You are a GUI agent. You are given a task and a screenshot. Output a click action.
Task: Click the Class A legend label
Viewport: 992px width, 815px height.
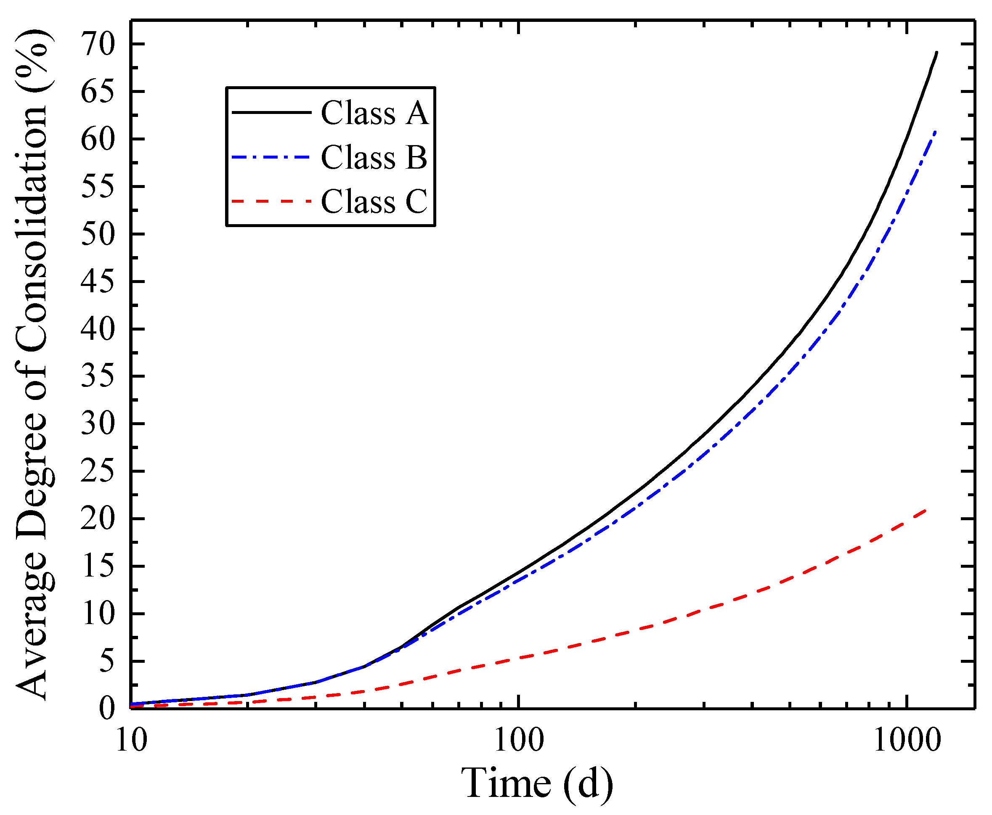(x=374, y=113)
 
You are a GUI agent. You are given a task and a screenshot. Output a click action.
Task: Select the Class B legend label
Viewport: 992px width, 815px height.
(x=374, y=157)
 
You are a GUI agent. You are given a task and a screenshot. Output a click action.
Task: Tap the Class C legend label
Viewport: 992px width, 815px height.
(x=374, y=202)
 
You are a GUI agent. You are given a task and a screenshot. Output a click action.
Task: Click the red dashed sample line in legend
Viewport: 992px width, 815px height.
(x=271, y=201)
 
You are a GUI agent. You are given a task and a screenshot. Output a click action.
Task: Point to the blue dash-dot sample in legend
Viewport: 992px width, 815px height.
(x=271, y=157)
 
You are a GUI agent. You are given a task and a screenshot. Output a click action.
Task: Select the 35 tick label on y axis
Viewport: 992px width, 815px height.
(x=98, y=376)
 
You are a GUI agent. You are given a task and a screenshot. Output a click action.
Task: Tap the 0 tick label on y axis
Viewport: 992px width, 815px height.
(x=106, y=709)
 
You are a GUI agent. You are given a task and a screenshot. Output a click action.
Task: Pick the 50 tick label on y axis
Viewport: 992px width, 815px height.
(x=98, y=234)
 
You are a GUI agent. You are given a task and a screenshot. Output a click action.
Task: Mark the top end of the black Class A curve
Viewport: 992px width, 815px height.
(x=936, y=53)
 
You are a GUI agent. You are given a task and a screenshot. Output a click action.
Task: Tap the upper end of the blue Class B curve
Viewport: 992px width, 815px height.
(x=936, y=132)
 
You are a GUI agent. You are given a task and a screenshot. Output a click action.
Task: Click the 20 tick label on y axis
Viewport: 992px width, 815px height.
(x=98, y=519)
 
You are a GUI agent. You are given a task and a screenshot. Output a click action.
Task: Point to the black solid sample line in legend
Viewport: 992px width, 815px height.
(x=271, y=112)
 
